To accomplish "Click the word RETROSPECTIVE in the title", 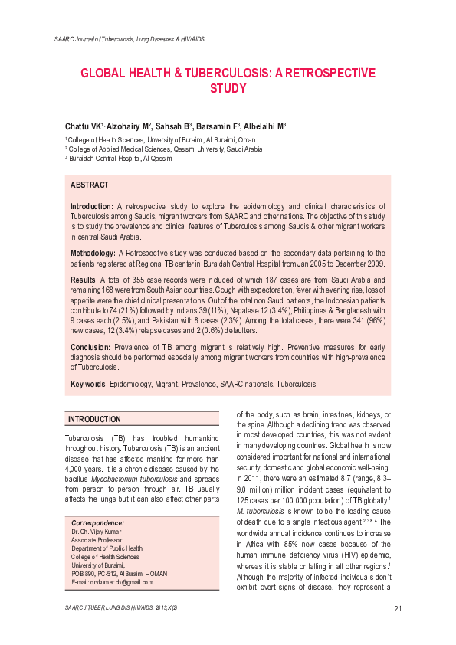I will (331, 74).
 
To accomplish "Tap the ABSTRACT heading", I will (90, 185).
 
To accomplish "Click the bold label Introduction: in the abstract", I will (93, 207).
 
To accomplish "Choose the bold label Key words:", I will (89, 383).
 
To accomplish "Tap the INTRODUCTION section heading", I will (94, 420).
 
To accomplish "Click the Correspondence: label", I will (98, 543).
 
